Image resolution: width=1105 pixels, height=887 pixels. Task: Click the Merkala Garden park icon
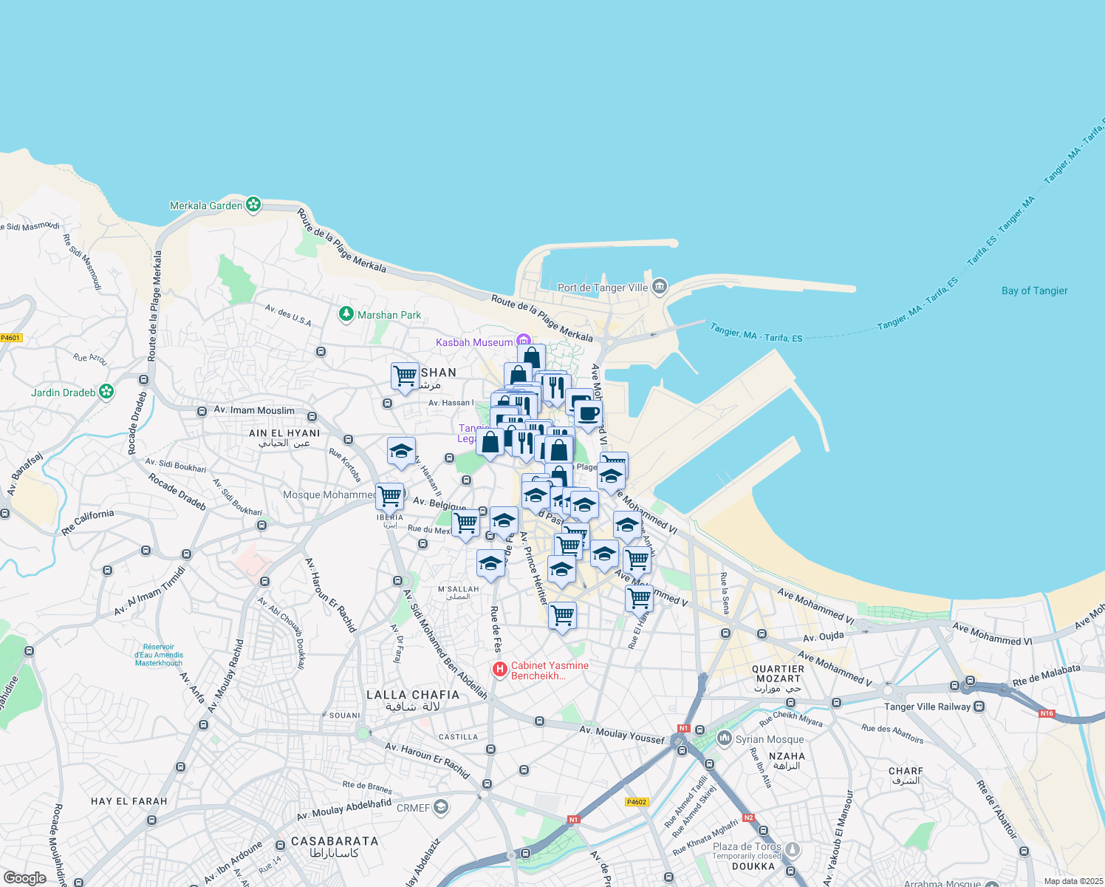pyautogui.click(x=253, y=205)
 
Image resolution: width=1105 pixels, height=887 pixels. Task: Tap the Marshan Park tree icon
pyautogui.click(x=346, y=315)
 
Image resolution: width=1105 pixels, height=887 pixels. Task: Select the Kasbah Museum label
pyautogui.click(x=474, y=342)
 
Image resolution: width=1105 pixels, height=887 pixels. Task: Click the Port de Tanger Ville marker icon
pyautogui.click(x=660, y=286)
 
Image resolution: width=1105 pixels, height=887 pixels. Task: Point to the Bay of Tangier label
pyautogui.click(x=1034, y=290)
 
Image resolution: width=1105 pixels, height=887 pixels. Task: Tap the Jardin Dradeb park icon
pyautogui.click(x=106, y=392)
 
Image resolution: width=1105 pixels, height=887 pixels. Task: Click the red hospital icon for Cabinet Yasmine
pyautogui.click(x=500, y=670)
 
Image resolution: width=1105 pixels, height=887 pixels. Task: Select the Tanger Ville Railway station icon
pyautogui.click(x=979, y=707)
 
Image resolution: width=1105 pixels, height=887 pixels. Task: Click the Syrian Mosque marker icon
pyautogui.click(x=725, y=738)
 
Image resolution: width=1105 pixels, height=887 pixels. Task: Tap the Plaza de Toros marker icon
pyautogui.click(x=793, y=850)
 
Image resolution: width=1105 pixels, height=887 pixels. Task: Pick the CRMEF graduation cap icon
pyautogui.click(x=441, y=807)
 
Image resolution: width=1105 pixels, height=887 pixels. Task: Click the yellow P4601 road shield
pyautogui.click(x=11, y=338)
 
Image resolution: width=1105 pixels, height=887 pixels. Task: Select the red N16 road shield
pyautogui.click(x=1047, y=713)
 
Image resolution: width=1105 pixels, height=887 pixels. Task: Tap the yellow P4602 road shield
pyautogui.click(x=636, y=802)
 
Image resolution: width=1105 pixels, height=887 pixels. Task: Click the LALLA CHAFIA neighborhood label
pyautogui.click(x=413, y=695)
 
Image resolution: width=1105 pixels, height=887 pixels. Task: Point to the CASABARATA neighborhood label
pyautogui.click(x=335, y=841)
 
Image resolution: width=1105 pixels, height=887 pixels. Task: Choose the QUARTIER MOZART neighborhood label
pyautogui.click(x=778, y=673)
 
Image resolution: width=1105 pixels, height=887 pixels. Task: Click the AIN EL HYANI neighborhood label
pyautogui.click(x=284, y=433)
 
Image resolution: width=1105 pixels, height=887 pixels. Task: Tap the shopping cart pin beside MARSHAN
pyautogui.click(x=405, y=376)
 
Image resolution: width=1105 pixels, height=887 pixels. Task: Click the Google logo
pyautogui.click(x=24, y=878)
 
